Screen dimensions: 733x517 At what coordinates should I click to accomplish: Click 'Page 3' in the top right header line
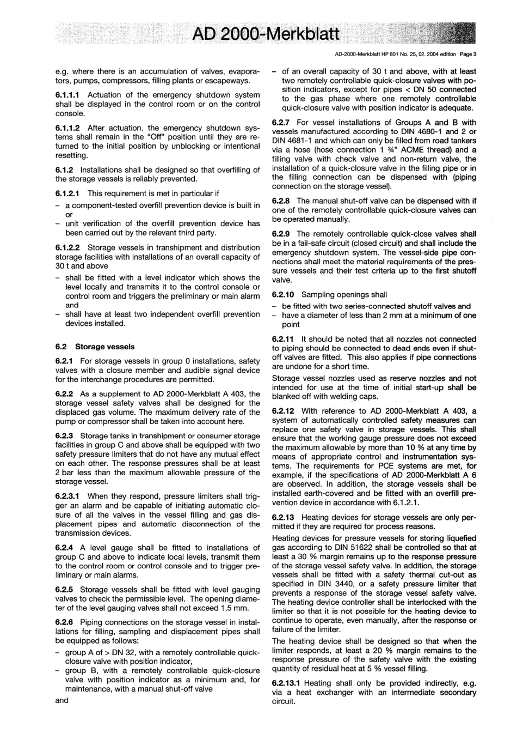tap(468, 54)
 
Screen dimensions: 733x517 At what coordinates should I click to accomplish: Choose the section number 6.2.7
tap(282, 122)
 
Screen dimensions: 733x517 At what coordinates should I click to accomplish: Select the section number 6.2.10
tap(284, 294)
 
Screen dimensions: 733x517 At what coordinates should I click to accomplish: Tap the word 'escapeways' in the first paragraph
tap(229, 81)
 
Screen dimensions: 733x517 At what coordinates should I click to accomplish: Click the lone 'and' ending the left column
tap(62, 700)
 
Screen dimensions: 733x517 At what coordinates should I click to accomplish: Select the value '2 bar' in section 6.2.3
tap(65, 472)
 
